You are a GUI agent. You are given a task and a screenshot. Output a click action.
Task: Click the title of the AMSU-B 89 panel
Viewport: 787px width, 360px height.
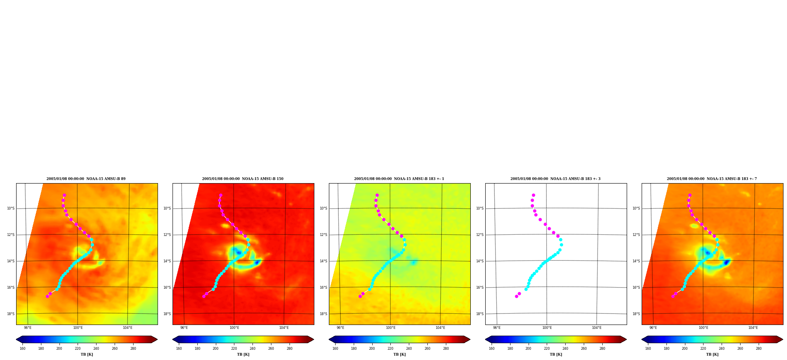pos(86,179)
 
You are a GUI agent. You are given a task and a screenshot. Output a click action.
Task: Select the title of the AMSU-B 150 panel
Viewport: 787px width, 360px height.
pos(243,179)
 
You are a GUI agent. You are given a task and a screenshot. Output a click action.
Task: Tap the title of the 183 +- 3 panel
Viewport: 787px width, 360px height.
pos(555,179)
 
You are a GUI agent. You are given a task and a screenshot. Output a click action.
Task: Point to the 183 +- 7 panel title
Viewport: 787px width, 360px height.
pos(712,179)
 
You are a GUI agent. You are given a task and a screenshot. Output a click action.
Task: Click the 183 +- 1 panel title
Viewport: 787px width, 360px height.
pos(399,179)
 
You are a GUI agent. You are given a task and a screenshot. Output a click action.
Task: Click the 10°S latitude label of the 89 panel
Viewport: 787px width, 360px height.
pos(11,208)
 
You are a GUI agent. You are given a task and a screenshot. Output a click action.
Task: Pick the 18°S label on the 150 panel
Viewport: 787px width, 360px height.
pos(167,314)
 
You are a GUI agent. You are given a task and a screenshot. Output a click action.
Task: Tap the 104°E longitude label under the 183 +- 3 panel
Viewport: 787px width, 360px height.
pos(597,328)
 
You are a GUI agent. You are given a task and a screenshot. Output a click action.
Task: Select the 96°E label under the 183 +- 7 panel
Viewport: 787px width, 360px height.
pos(653,328)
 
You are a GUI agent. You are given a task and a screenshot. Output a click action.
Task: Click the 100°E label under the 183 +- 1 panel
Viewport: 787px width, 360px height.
pos(390,328)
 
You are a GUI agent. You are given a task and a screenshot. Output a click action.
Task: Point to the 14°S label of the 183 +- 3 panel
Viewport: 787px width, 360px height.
pos(480,261)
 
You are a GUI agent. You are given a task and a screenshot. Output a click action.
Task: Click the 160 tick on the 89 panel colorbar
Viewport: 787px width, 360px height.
pos(22,349)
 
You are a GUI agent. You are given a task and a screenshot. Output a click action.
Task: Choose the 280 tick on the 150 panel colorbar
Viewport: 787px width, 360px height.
pos(290,349)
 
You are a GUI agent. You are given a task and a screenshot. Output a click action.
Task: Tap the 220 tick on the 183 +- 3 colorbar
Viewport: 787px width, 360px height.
pos(547,349)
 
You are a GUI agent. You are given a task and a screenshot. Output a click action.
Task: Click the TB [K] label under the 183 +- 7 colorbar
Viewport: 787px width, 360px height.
pos(712,354)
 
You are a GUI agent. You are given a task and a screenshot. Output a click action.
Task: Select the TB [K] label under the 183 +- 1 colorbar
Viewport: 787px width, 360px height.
pos(399,354)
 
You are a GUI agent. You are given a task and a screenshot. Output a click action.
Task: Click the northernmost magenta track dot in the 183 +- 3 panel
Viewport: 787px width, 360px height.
pos(533,195)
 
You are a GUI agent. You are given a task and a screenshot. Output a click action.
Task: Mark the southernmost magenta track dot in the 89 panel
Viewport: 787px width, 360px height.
pos(47,296)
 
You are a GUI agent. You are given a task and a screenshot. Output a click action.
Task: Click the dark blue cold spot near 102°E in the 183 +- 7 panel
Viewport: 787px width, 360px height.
pos(726,262)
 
